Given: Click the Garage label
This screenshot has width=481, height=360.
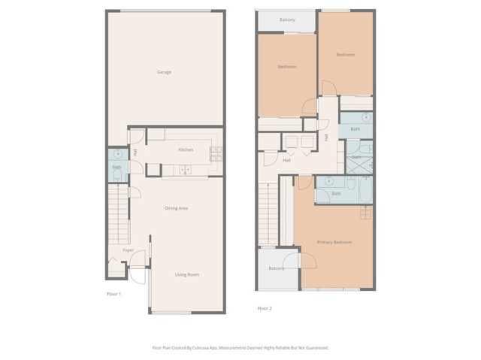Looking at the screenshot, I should click(x=163, y=72).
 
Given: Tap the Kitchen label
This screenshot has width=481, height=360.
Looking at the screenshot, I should click(x=186, y=150).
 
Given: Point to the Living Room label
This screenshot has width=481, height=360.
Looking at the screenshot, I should click(x=187, y=275).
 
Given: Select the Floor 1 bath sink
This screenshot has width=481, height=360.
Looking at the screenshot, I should click(x=116, y=155).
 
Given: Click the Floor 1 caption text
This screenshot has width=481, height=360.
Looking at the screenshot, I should click(x=113, y=294).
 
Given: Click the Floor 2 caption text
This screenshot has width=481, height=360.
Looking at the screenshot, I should click(x=265, y=308).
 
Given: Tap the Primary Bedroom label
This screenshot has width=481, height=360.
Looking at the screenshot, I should click(x=334, y=242).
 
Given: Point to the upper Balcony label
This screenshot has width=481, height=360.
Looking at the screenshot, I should click(x=286, y=20).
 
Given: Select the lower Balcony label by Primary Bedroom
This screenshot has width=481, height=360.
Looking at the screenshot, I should click(x=277, y=268).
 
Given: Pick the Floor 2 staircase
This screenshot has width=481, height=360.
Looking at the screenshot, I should click(x=268, y=215).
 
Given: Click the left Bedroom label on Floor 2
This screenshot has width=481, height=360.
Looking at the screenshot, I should click(x=286, y=67).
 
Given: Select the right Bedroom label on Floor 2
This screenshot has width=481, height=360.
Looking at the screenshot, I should click(x=344, y=55).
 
